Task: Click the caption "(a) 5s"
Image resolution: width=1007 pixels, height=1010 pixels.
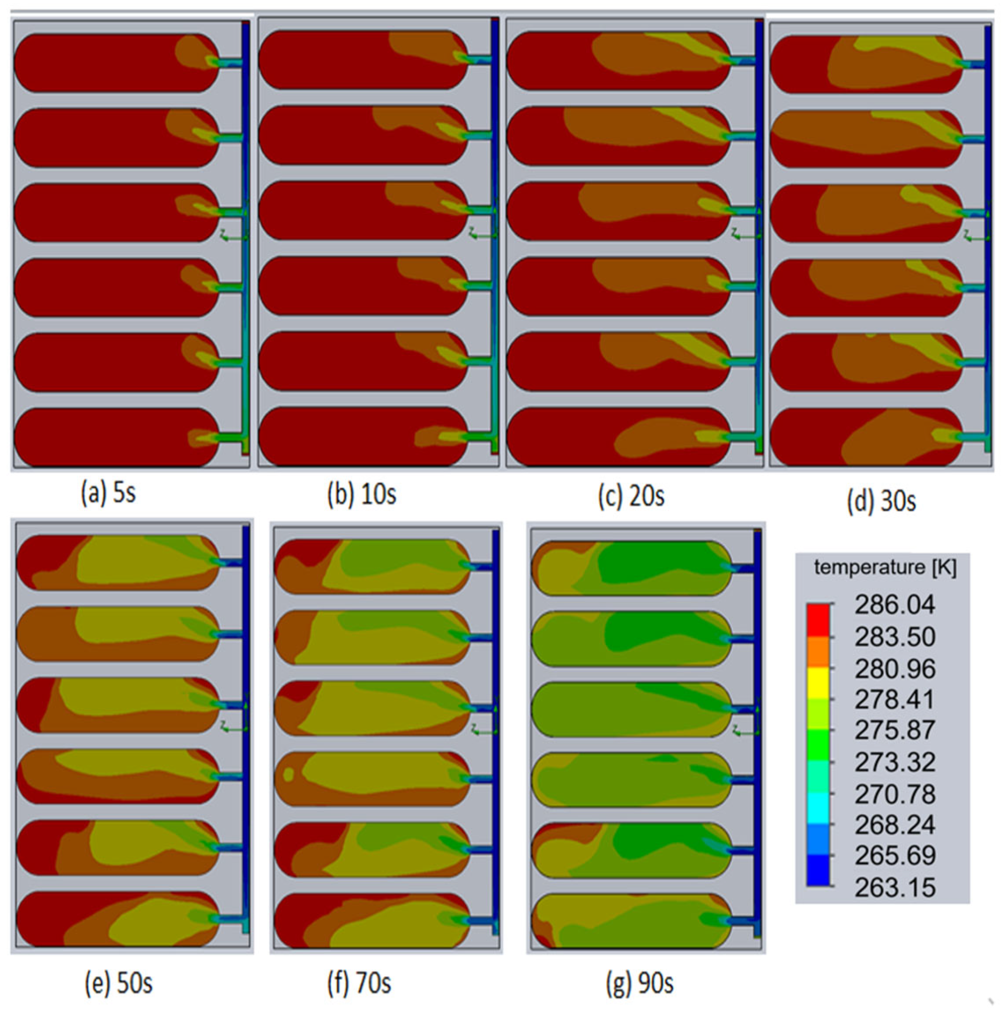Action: coord(109,493)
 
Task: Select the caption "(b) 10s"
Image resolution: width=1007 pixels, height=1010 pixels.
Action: coord(361,493)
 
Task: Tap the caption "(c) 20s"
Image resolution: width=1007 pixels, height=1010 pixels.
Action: coord(631,494)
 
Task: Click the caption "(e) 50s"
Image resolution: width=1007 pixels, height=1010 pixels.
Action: coord(118,983)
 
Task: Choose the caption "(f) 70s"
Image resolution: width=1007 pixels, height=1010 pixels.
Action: coord(359,983)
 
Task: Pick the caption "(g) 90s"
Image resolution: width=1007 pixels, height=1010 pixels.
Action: coord(640,983)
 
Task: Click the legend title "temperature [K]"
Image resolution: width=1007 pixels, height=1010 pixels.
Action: coord(885,567)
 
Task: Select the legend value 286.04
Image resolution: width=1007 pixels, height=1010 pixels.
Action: coord(895,605)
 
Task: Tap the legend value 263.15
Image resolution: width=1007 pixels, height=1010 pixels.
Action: coord(895,888)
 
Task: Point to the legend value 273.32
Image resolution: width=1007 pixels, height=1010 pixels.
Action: coord(895,762)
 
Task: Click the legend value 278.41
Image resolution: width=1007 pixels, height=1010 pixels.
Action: coord(895,700)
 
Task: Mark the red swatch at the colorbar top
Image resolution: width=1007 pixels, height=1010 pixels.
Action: coord(818,619)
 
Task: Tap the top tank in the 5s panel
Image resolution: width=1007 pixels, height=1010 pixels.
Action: coord(116,63)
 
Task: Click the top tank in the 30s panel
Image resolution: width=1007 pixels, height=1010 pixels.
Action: coord(866,64)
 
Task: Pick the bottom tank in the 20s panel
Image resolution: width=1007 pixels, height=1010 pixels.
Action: coord(618,436)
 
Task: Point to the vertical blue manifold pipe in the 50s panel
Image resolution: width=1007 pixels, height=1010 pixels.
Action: coord(246,722)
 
